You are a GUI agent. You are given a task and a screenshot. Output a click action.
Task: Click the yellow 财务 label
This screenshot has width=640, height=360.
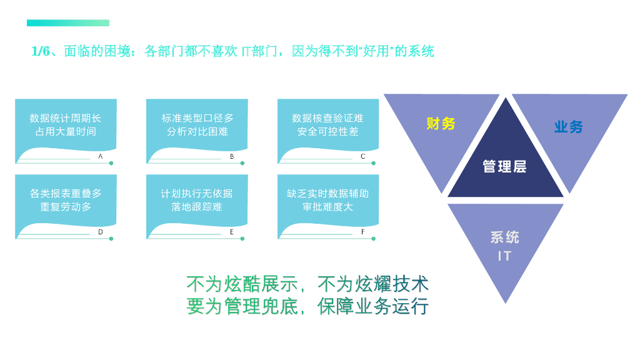click(x=441, y=124)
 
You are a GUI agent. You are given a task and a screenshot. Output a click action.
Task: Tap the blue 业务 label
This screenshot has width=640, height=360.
click(x=568, y=127)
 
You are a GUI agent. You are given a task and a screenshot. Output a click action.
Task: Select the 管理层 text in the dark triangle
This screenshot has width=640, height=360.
click(x=504, y=166)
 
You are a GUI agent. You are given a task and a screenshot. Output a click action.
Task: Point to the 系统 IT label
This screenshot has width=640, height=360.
click(x=504, y=246)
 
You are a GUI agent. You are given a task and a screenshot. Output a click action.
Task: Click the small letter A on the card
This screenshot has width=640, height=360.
click(x=101, y=156)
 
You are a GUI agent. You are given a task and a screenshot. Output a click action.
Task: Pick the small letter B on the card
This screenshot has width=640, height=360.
click(x=232, y=156)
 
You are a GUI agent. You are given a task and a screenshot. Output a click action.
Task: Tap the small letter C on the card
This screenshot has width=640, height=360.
click(x=363, y=156)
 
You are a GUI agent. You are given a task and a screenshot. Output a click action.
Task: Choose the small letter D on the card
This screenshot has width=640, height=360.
click(x=101, y=232)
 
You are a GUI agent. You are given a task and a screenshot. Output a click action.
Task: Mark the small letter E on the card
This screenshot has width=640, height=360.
click(x=232, y=232)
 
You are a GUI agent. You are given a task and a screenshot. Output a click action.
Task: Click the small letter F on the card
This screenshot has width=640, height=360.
click(x=363, y=232)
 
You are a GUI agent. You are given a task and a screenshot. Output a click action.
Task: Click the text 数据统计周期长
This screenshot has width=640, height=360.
click(x=66, y=118)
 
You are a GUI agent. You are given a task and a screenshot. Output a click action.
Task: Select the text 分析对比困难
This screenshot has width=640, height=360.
click(x=197, y=132)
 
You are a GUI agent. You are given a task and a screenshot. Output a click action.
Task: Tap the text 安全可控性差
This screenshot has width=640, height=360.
click(x=328, y=132)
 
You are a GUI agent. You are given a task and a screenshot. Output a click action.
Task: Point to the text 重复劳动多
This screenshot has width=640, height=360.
click(x=66, y=207)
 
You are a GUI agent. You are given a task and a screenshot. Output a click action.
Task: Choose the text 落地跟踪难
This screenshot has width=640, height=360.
click(x=197, y=207)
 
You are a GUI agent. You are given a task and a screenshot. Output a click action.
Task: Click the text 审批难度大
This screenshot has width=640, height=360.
click(x=328, y=207)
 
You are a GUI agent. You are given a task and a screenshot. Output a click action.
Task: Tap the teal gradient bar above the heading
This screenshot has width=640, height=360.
click(x=68, y=23)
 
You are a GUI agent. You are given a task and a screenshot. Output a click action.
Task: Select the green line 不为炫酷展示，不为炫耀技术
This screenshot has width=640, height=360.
click(x=307, y=284)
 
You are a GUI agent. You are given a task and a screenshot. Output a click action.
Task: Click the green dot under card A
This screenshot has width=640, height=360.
click(x=111, y=163)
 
